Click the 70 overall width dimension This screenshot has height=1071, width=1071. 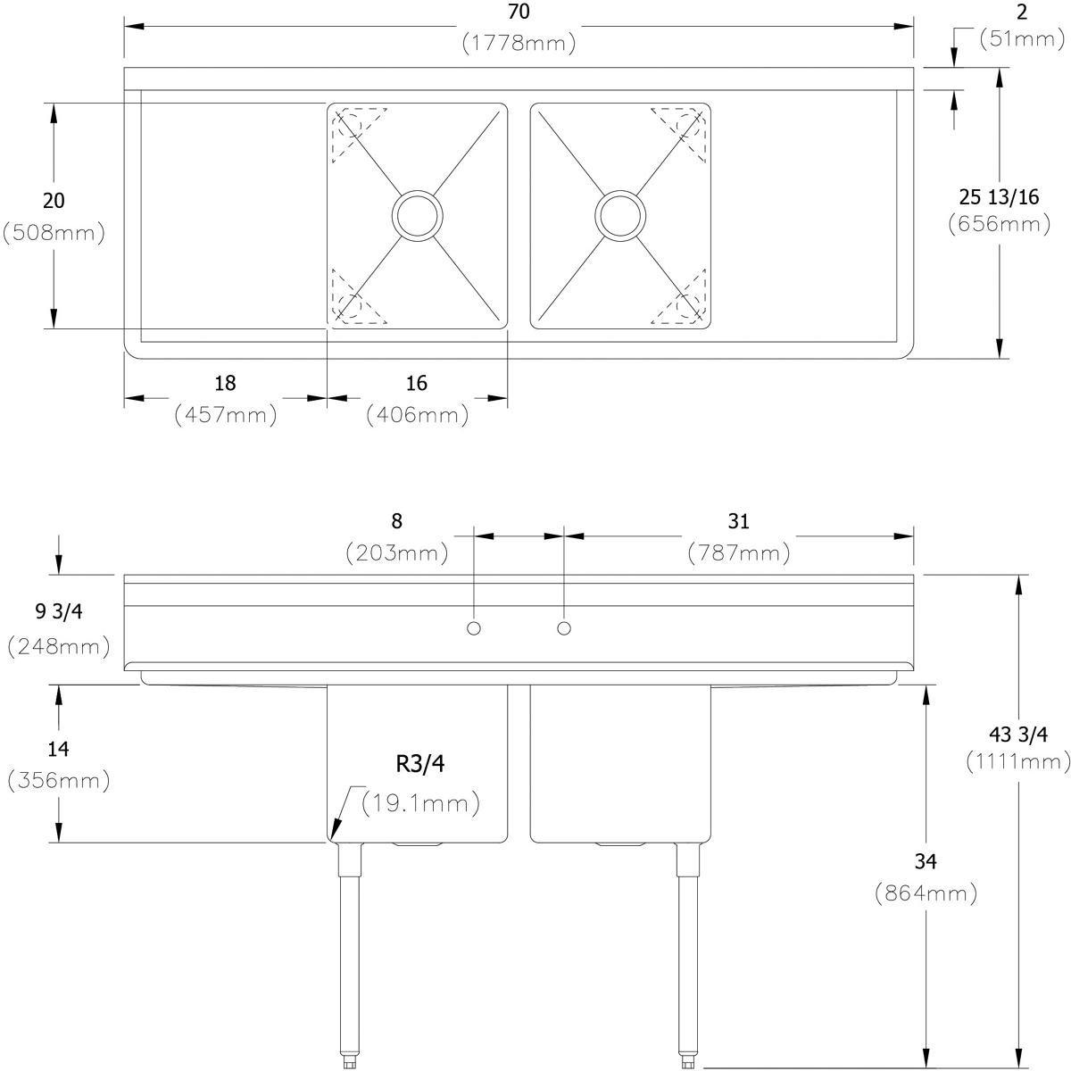[519, 12]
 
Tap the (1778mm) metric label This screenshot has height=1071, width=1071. [519, 43]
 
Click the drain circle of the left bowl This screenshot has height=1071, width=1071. [417, 215]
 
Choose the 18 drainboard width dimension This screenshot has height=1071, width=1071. [225, 383]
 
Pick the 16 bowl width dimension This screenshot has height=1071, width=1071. [416, 383]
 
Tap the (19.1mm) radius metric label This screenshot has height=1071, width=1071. [421, 803]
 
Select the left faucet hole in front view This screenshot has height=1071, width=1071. [474, 628]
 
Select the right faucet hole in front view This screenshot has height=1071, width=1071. [563, 628]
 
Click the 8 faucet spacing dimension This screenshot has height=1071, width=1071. [396, 520]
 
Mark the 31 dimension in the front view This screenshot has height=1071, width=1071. [738, 520]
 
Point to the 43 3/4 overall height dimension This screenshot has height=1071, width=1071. [1018, 735]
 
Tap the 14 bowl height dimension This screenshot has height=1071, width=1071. [58, 748]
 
